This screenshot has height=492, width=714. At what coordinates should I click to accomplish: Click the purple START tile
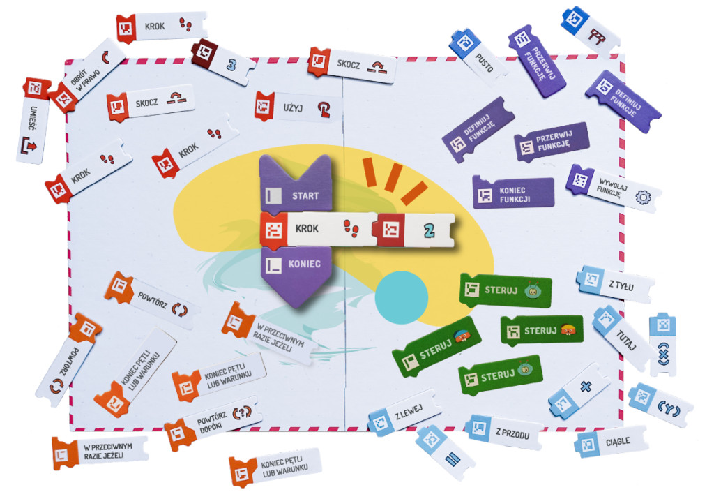point(295,184)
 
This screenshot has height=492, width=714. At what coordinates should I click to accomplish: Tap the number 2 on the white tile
point(429,230)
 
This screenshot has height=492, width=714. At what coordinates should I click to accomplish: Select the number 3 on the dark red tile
point(231,65)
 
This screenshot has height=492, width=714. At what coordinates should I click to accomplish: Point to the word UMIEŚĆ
point(33,119)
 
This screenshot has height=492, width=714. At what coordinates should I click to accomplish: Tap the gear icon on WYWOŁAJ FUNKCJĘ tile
point(642,197)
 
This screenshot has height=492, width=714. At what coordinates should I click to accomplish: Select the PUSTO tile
point(478,57)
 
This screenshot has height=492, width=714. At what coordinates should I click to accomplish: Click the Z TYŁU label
point(621,285)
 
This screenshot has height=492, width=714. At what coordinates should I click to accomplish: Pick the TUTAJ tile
point(624,337)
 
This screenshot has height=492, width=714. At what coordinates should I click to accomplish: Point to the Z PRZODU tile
point(505,432)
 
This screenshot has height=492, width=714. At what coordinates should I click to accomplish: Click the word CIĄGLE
point(618,442)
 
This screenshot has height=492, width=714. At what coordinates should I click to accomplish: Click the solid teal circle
point(401,297)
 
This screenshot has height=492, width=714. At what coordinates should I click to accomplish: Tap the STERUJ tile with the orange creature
point(542,330)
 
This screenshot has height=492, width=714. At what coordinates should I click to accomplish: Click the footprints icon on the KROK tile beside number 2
point(351,228)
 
